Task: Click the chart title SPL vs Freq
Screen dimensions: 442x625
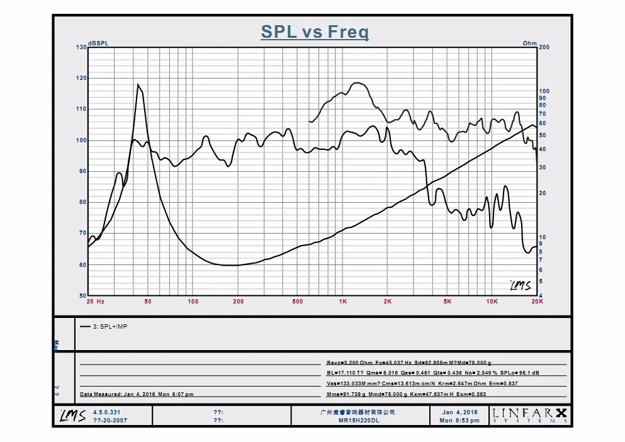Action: click(x=315, y=32)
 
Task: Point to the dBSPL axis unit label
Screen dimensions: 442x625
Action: click(x=98, y=43)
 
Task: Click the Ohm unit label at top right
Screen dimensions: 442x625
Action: click(x=529, y=43)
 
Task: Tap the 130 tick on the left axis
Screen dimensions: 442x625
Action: click(x=81, y=47)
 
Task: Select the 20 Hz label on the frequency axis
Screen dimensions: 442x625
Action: click(x=96, y=302)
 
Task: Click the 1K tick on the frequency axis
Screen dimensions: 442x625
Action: click(x=342, y=302)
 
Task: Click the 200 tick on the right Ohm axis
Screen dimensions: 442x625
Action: click(x=544, y=47)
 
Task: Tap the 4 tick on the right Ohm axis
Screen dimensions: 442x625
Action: click(x=541, y=295)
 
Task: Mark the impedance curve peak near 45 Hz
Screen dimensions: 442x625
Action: click(x=138, y=84)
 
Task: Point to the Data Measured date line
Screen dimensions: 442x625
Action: click(x=137, y=394)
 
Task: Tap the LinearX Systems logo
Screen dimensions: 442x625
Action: click(x=530, y=416)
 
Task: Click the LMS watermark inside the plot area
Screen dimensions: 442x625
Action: click(x=519, y=285)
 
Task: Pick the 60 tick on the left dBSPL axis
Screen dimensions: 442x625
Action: click(x=82, y=265)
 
